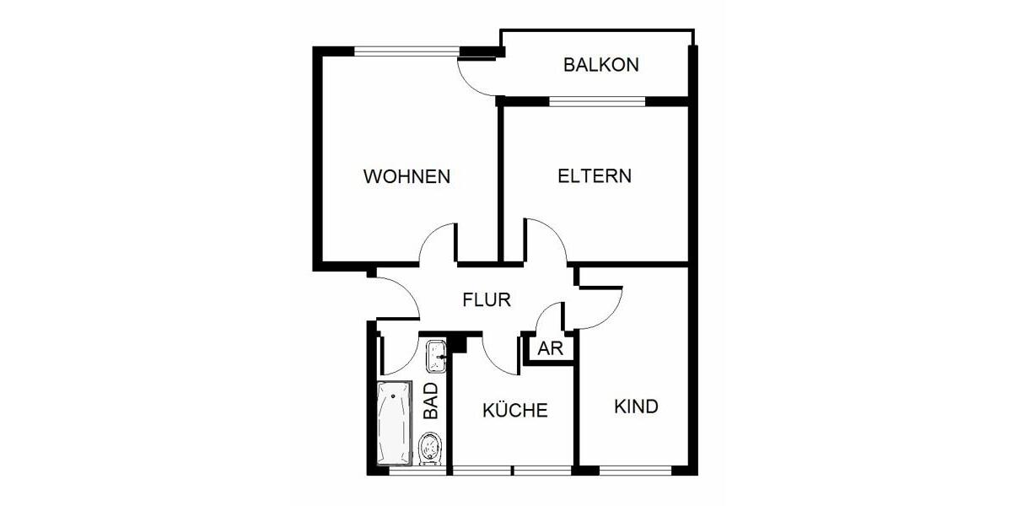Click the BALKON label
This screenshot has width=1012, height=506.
[x=601, y=65]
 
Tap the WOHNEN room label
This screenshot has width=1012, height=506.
[x=406, y=177]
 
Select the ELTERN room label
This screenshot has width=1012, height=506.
[x=595, y=176]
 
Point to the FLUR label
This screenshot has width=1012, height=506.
[x=487, y=299]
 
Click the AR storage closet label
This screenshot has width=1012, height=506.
[x=550, y=350]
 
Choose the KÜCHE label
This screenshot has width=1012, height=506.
[x=515, y=411]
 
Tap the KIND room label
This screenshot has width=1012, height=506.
[x=636, y=406]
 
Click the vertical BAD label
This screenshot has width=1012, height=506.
[x=431, y=401]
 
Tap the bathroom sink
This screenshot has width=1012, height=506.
[x=436, y=355]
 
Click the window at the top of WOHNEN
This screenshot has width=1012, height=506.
[x=406, y=51]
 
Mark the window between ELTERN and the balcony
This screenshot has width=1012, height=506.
[x=597, y=101]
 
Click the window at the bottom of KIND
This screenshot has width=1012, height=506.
[x=635, y=470]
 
